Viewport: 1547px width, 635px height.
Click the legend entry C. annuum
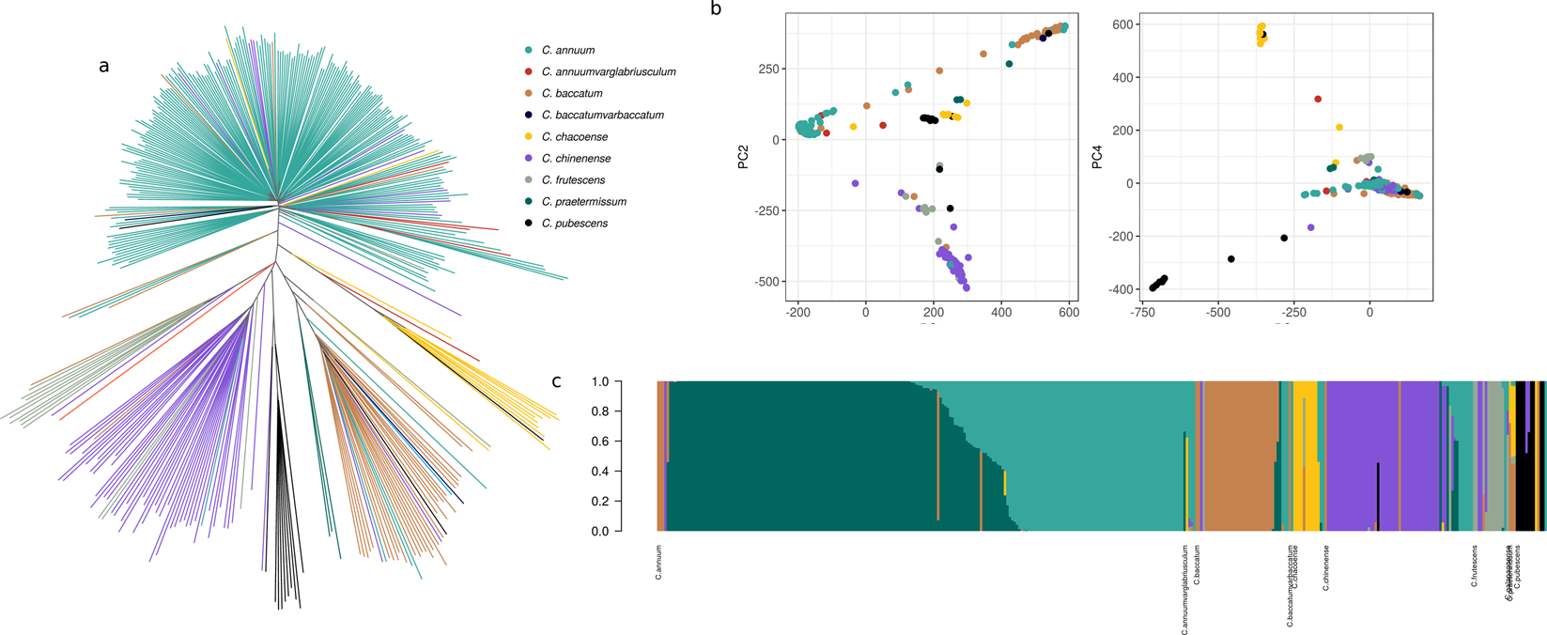point(567,50)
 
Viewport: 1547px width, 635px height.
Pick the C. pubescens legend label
point(574,224)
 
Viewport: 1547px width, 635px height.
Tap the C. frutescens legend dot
point(529,180)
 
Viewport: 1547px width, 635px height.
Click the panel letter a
point(103,66)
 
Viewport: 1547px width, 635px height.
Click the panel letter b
point(717,9)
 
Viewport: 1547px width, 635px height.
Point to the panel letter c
point(556,381)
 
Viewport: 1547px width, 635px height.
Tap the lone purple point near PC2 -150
point(855,184)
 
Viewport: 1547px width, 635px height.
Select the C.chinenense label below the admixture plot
point(1326,567)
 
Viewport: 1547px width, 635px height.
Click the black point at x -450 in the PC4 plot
point(1231,259)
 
